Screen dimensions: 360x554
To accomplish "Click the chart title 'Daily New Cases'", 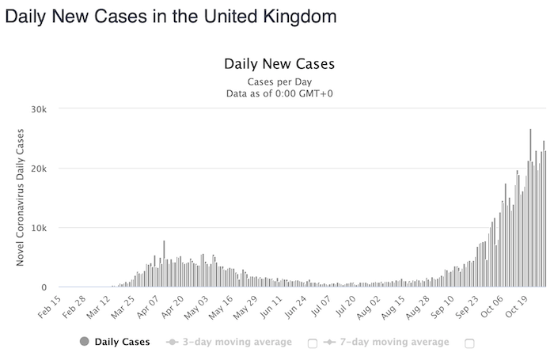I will pyautogui.click(x=279, y=63).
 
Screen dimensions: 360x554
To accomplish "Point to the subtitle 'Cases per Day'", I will pyautogui.click(x=279, y=81).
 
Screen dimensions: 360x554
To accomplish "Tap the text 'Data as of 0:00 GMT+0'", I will pyautogui.click(x=279, y=93).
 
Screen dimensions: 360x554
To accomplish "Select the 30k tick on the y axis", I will pyautogui.click(x=40, y=109).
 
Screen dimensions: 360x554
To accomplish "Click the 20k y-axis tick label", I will pyautogui.click(x=40, y=169).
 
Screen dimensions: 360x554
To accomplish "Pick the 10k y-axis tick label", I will pyautogui.click(x=40, y=228).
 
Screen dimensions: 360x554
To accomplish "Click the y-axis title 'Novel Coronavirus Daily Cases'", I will pyautogui.click(x=21, y=199).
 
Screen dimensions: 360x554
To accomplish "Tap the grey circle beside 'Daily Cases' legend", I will pyautogui.click(x=84, y=343).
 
